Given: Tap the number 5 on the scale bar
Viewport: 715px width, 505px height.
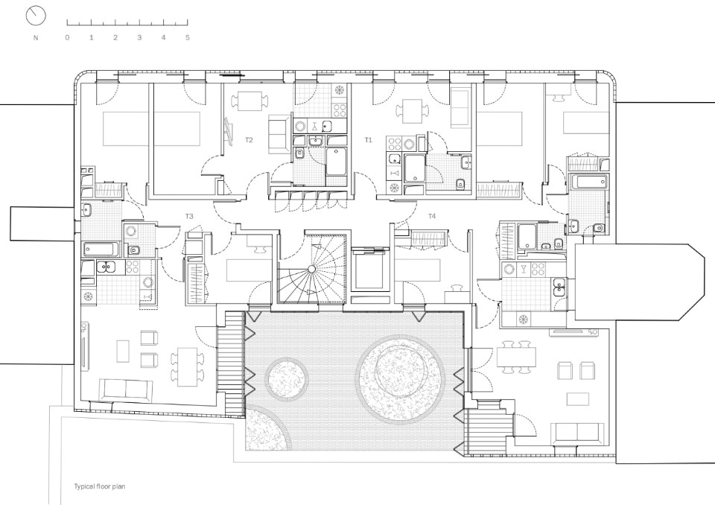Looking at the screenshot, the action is (x=188, y=38).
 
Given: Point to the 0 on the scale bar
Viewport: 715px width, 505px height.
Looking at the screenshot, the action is (x=68, y=38).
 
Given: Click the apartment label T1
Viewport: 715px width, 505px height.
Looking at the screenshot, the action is (x=369, y=140).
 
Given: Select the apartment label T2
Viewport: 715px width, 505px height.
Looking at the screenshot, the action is (x=249, y=140).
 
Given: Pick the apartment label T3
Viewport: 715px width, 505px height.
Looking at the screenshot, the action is (x=189, y=216).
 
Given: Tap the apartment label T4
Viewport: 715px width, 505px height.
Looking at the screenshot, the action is (x=432, y=216).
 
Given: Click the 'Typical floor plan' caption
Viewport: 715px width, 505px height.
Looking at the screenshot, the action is (x=99, y=486).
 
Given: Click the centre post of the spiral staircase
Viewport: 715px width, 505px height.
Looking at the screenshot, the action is (x=311, y=269).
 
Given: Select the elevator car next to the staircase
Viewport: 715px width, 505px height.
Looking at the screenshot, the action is (x=369, y=273).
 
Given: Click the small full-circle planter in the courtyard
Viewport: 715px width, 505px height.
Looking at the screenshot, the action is (x=286, y=378).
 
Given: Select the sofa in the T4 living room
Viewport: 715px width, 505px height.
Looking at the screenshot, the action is (x=577, y=433).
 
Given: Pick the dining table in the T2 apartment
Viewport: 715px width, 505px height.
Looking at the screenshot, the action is (x=247, y=101).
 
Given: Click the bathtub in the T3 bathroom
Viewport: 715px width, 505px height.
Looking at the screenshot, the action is (x=101, y=250).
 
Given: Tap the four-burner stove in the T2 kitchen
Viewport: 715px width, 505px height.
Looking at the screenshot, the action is (x=340, y=110).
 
